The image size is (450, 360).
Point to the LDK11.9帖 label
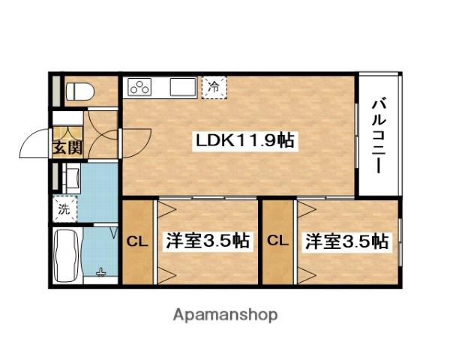[x=244, y=140]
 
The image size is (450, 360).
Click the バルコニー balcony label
[x=379, y=135]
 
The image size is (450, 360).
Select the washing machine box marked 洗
[x=64, y=209]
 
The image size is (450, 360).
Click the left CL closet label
[x=136, y=241]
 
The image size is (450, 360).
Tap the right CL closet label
[x=277, y=241]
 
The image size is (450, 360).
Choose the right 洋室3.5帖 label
[x=346, y=241]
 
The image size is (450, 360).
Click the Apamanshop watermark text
[x=226, y=314]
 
